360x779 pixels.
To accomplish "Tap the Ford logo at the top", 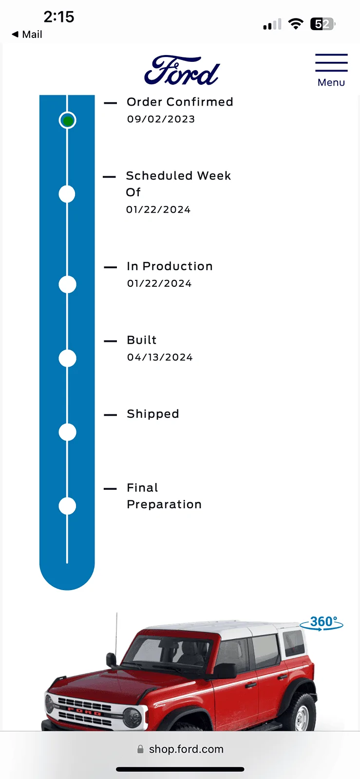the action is [x=182, y=70].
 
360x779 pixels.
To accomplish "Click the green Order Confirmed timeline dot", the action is [x=68, y=120].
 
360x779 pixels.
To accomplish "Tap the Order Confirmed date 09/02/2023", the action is [x=161, y=119].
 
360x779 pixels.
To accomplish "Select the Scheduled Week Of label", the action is [x=178, y=184].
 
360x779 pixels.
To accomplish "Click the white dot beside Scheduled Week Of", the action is [x=67, y=194].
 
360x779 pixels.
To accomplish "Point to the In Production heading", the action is [x=170, y=266].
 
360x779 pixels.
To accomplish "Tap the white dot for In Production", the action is [x=68, y=284].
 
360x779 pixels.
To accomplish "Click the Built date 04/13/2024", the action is [x=160, y=357].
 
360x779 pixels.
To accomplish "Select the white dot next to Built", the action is [x=68, y=358].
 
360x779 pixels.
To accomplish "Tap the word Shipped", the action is [x=153, y=414].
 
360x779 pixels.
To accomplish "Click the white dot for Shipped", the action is [x=68, y=432].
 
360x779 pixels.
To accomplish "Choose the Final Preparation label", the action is [x=164, y=496].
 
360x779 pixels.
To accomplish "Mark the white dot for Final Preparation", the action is [x=68, y=506].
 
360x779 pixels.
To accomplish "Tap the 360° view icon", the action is [x=322, y=623].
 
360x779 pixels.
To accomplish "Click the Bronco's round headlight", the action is [x=133, y=717].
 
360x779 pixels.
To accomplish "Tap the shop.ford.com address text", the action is [x=186, y=749].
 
